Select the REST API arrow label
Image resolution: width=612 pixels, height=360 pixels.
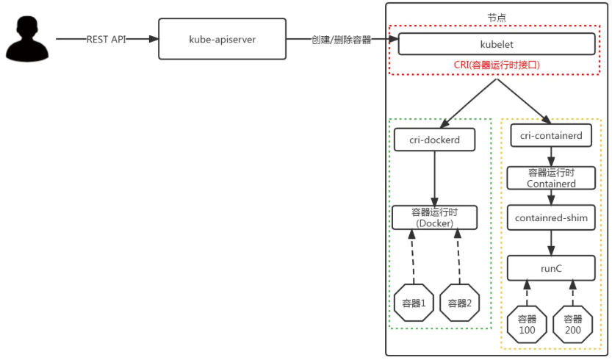pos(107,40)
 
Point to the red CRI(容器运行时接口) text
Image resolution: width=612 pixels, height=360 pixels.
pos(497,65)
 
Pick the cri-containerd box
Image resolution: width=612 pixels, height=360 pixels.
pos(551,136)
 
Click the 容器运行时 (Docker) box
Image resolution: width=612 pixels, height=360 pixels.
pos(435,217)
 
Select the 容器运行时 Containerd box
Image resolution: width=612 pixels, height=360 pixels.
pos(551,178)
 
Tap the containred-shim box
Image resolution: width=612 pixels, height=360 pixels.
pos(551,218)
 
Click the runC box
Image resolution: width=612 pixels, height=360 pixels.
pos(551,268)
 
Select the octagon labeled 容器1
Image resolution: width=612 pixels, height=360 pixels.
pos(414,303)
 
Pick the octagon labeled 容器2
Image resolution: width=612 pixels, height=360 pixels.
pos(460,303)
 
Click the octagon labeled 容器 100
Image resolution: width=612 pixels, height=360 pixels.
pos(528,325)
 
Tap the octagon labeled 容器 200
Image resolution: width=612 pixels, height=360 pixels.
pos(573,325)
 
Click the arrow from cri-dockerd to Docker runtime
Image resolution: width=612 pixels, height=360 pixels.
pos(435,177)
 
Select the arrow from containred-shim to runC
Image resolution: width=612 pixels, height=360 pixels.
pos(551,242)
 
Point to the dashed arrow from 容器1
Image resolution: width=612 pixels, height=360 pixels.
pos(413,257)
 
